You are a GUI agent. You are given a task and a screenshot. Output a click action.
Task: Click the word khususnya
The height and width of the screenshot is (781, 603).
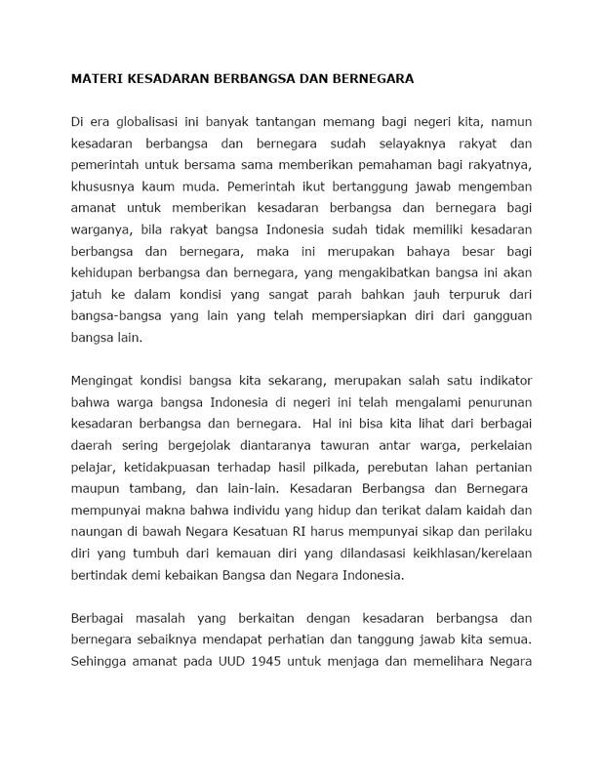tap(105, 185)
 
